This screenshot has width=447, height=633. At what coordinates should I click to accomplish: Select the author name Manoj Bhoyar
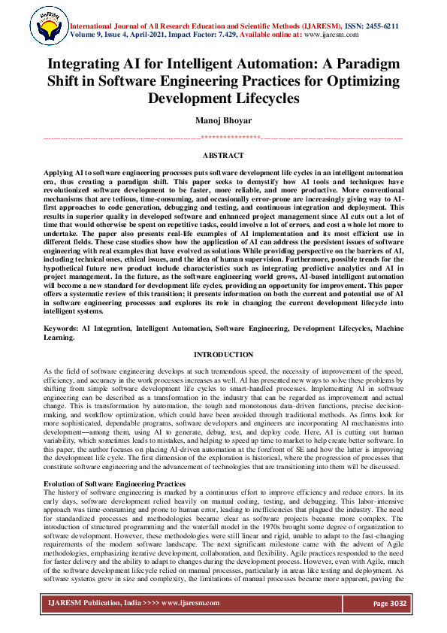tap(223, 120)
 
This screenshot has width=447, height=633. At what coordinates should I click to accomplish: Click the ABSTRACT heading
tap(223, 155)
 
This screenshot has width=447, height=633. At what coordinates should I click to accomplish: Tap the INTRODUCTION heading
tap(223, 354)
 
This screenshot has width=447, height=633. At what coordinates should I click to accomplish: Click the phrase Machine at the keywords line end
tap(385, 330)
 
